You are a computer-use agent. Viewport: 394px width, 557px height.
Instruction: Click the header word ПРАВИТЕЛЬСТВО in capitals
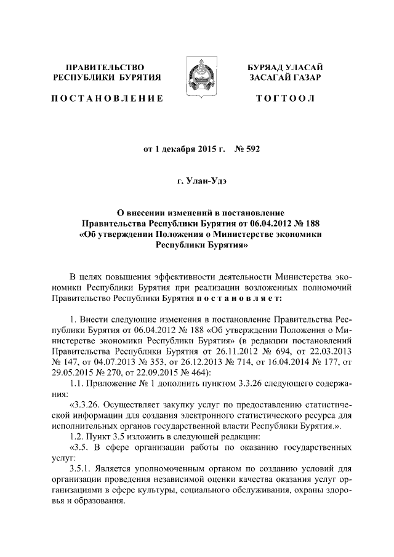pyautogui.click(x=105, y=66)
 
